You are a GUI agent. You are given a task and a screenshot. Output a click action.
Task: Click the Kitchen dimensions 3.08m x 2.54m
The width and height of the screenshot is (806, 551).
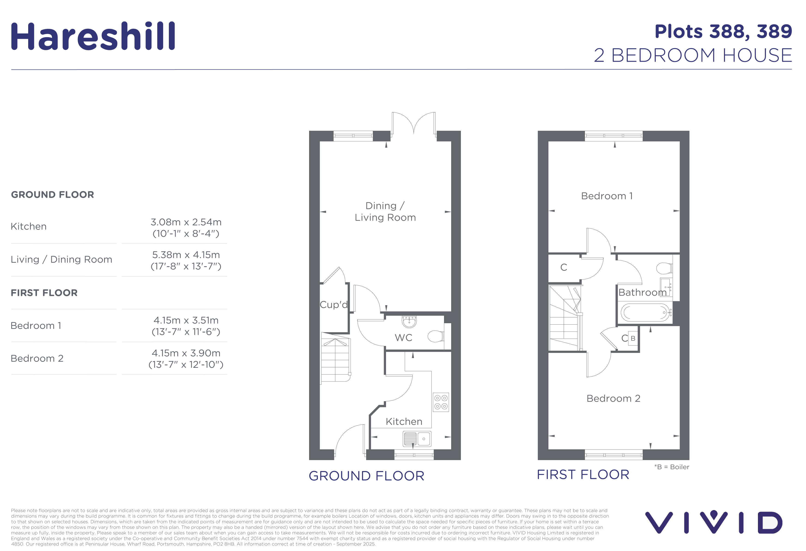coord(186,222)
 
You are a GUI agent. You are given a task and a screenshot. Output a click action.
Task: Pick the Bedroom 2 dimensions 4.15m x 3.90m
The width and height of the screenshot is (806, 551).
coord(186,353)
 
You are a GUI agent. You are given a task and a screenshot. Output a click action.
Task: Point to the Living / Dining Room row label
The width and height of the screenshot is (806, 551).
coord(61,259)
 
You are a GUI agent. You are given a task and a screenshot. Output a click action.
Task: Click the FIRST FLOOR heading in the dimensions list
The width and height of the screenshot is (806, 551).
coord(44,293)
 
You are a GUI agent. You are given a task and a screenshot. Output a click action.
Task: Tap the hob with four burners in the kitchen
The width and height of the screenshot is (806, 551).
coord(441,402)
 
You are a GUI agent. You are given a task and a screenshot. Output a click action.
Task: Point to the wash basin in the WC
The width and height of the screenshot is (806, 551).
coord(409,321)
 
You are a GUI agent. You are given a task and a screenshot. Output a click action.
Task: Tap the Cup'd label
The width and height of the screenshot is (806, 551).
coord(333,304)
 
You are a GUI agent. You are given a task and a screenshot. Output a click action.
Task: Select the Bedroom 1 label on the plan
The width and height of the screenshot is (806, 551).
coord(607,196)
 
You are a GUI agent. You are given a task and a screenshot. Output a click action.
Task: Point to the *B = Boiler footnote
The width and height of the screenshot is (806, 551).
coord(672,467)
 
